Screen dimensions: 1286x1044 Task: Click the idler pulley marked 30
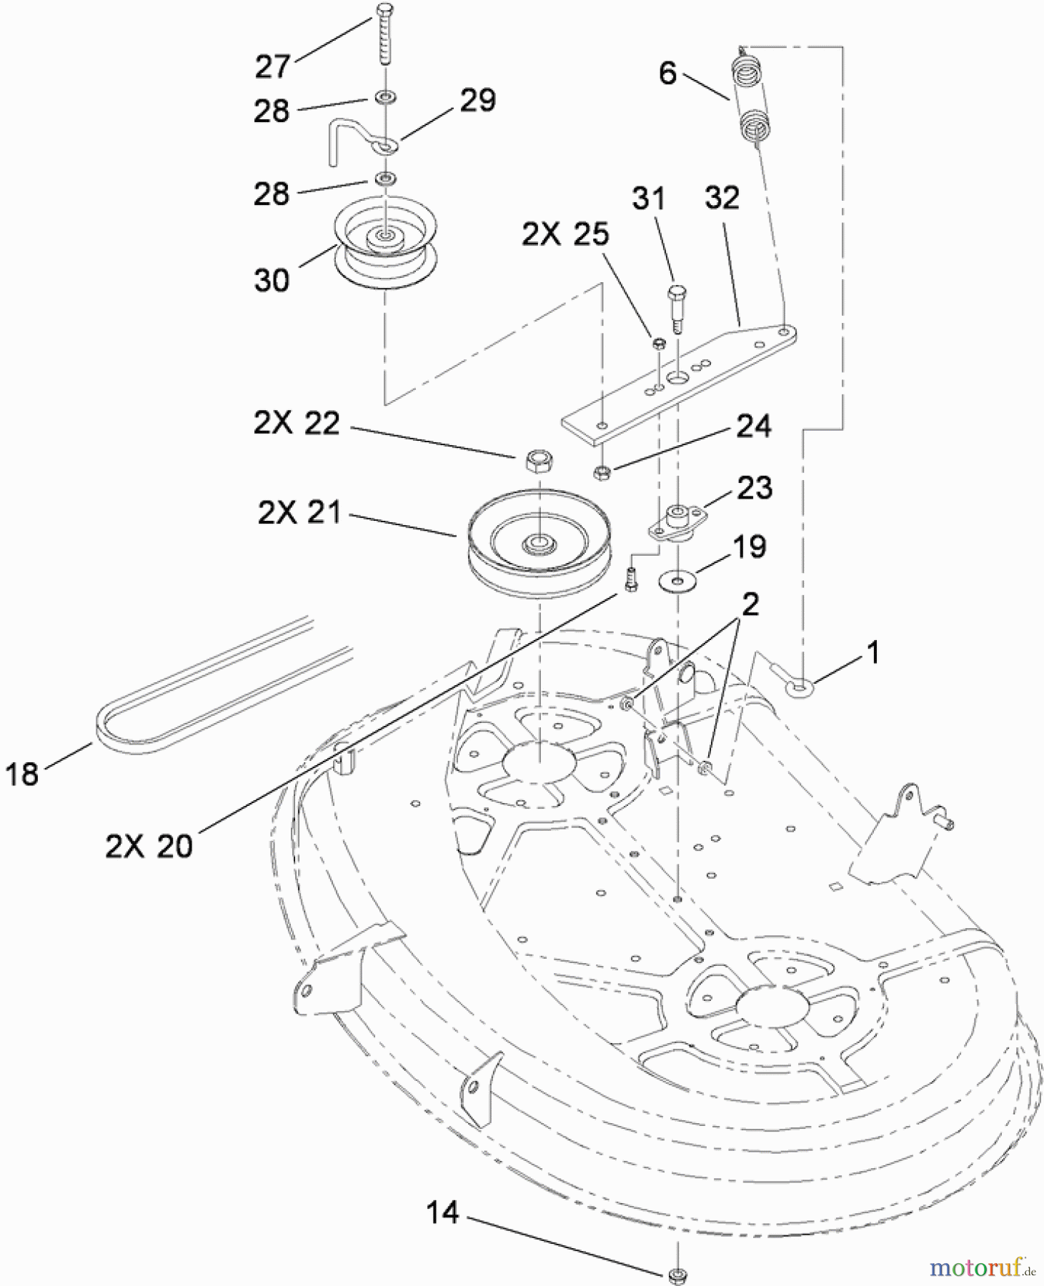coord(384,243)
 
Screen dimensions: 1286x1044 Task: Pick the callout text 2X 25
coord(565,234)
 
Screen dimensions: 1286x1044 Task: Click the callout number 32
coord(721,198)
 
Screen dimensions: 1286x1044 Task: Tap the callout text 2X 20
coord(149,847)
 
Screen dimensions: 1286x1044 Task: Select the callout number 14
coord(442,1212)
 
